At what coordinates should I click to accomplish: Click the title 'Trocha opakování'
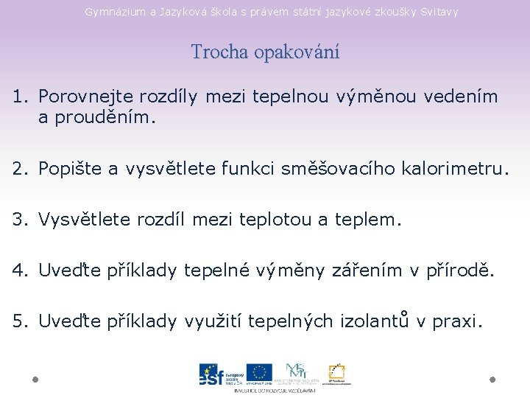click(x=265, y=52)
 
